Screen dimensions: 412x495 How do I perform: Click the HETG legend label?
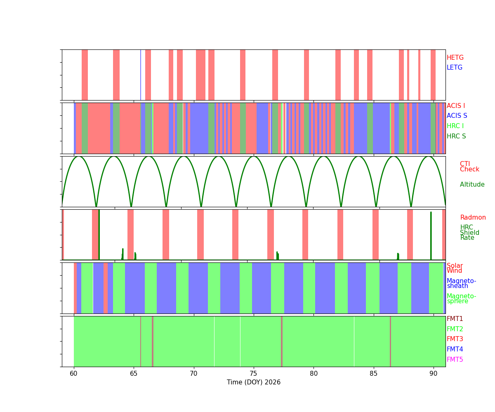pyautogui.click(x=455, y=58)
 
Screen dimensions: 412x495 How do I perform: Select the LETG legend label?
pyautogui.click(x=455, y=68)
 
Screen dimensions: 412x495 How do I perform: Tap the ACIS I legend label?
pyautogui.click(x=456, y=106)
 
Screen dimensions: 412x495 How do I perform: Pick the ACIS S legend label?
pyautogui.click(x=457, y=116)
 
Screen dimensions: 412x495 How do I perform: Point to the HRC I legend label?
pyautogui.click(x=455, y=126)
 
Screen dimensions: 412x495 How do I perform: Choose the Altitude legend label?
pyautogui.click(x=472, y=185)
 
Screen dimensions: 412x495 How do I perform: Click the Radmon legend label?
pyautogui.click(x=473, y=218)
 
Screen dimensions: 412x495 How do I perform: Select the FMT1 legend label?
pyautogui.click(x=455, y=319)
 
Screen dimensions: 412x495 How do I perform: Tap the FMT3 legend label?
pyautogui.click(x=455, y=339)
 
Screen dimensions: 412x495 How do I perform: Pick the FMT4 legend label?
pyautogui.click(x=455, y=349)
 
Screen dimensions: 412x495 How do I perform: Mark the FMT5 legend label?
pyautogui.click(x=455, y=360)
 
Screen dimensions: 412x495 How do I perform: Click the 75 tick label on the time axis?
pyautogui.click(x=254, y=374)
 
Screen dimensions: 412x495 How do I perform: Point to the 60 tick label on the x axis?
pyautogui.click(x=73, y=374)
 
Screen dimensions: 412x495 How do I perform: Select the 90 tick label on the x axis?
pyautogui.click(x=434, y=374)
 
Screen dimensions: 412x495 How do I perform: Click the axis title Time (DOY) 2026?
pyautogui.click(x=254, y=382)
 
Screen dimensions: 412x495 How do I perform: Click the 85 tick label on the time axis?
pyautogui.click(x=373, y=374)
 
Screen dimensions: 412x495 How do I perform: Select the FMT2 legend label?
pyautogui.click(x=455, y=329)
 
